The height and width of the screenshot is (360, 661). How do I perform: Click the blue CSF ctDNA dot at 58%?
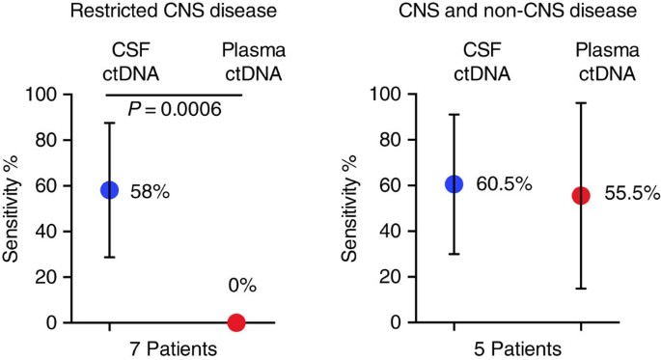109,190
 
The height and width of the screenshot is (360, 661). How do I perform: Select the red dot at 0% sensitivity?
236,323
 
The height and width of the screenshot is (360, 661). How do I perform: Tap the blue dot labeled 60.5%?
454,184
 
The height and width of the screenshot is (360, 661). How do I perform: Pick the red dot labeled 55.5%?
581,196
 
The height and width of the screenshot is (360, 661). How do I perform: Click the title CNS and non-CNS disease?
517,13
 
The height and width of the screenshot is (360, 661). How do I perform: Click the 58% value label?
150,192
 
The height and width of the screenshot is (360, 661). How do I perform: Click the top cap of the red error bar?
581,103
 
